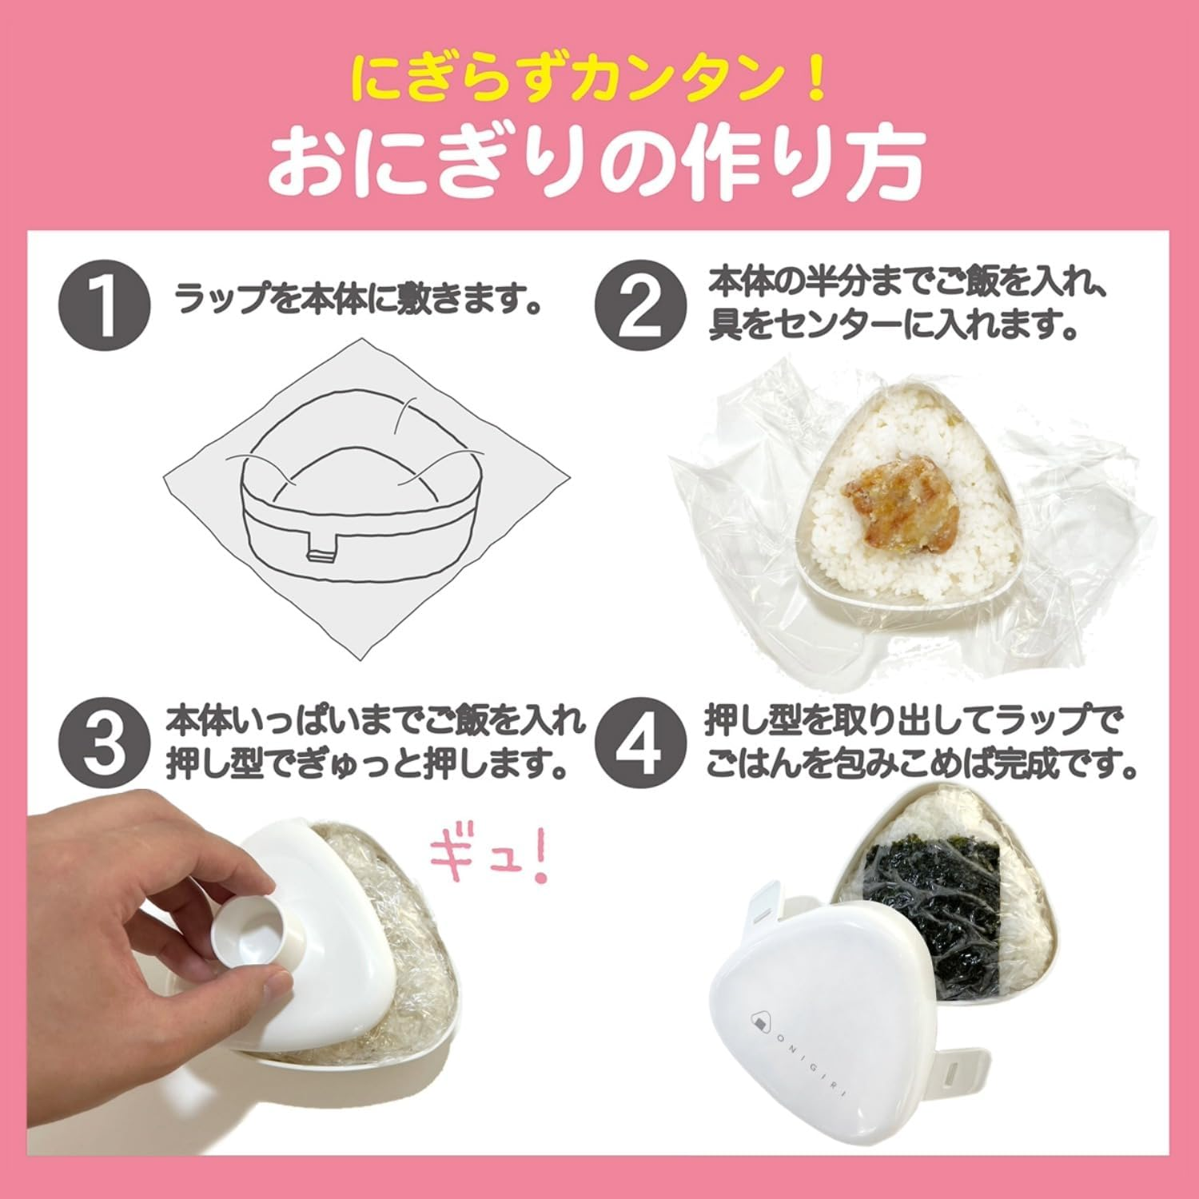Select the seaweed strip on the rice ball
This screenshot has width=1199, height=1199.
coord(935,903)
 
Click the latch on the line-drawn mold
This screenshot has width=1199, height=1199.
coord(324,552)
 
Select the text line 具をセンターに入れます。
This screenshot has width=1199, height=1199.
coord(891,328)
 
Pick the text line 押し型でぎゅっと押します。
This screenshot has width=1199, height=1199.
coord(368,766)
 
